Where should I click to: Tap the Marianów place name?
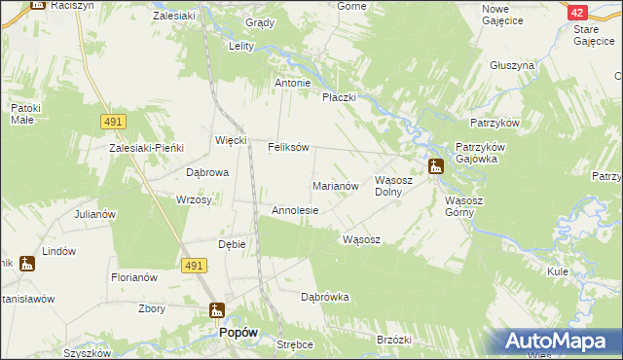click(337, 184)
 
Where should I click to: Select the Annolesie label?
click(295, 210)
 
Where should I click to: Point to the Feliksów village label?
click(288, 148)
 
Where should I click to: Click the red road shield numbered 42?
click(577, 12)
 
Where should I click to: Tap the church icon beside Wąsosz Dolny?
click(435, 166)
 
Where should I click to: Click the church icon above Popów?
click(217, 311)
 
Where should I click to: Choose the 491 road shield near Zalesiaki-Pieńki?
click(112, 121)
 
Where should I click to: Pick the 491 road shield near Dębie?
click(192, 265)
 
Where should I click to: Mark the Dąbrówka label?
click(324, 297)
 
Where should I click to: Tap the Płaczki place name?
click(341, 97)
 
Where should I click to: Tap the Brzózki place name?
click(394, 340)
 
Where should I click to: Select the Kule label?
click(558, 271)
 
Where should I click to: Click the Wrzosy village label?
click(194, 199)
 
